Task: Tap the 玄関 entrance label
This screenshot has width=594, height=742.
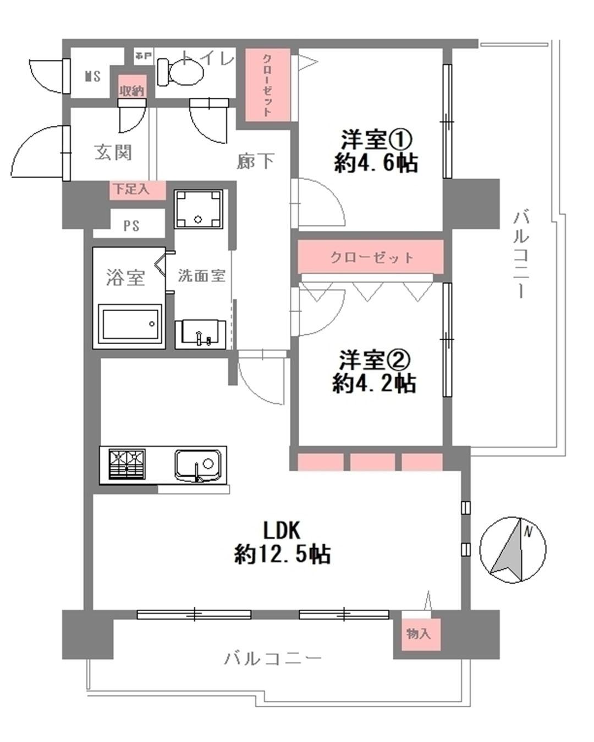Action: coord(113,152)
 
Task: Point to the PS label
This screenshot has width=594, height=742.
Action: coord(131,225)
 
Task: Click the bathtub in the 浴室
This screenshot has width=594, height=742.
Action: coord(131,324)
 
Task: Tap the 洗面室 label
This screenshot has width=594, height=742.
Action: coord(201,275)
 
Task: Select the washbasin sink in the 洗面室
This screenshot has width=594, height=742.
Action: coord(201,334)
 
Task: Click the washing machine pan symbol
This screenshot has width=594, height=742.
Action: coord(199,209)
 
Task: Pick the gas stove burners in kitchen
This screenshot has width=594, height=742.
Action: coord(127,465)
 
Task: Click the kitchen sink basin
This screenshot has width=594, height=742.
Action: coord(198,465)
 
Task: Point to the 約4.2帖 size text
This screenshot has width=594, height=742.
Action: coord(374,383)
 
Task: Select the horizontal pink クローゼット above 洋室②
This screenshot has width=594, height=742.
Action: coord(371,257)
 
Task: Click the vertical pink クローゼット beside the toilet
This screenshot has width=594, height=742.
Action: coord(267,84)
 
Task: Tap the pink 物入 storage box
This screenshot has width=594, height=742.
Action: coord(418,634)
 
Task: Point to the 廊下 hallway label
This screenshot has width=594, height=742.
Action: coord(255,161)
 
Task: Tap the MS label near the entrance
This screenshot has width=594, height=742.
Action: coord(92,76)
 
